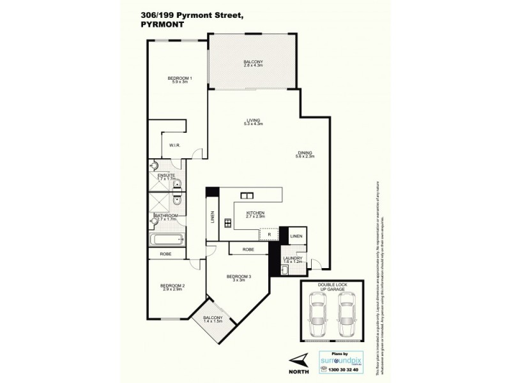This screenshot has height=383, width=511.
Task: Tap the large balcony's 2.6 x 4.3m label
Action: [253, 65]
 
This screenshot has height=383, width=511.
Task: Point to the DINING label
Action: [305, 152]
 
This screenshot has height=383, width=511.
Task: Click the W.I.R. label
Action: [175, 146]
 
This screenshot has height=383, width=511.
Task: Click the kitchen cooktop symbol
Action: [225, 223]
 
